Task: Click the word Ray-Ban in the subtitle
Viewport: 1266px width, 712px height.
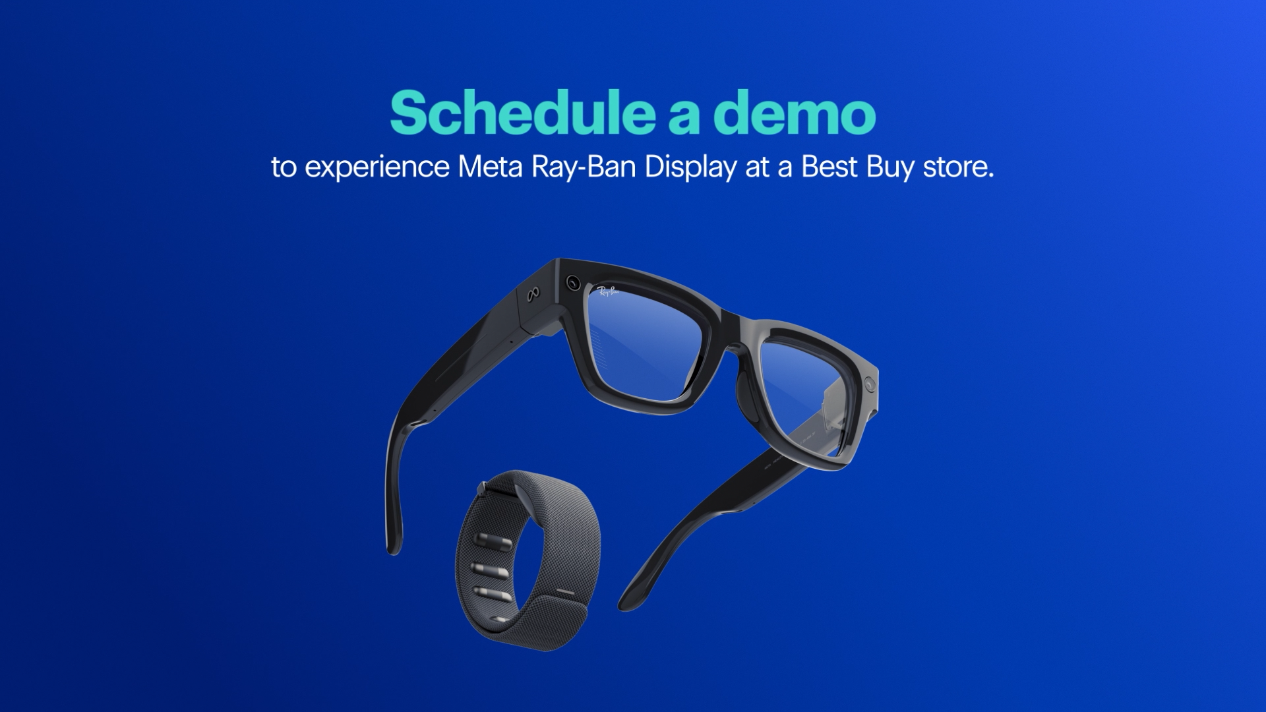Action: point(583,167)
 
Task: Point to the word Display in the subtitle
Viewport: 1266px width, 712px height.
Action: point(690,167)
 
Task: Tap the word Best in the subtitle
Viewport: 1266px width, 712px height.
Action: point(829,167)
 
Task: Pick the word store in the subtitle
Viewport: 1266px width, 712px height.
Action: point(957,167)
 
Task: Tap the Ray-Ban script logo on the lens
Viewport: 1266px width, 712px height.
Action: point(607,291)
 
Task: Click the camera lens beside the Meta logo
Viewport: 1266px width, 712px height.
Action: point(572,283)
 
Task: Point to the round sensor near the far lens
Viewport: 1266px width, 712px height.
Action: point(871,383)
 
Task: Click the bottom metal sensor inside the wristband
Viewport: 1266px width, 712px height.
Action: point(489,594)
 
